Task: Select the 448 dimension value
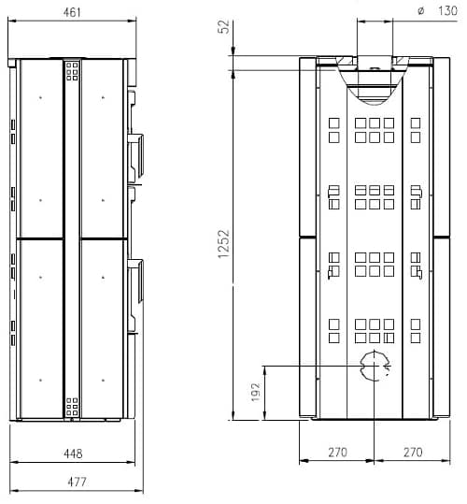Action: (72, 454)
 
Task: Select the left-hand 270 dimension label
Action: (337, 453)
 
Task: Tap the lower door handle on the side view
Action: (136, 281)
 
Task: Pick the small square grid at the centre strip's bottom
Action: (72, 406)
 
